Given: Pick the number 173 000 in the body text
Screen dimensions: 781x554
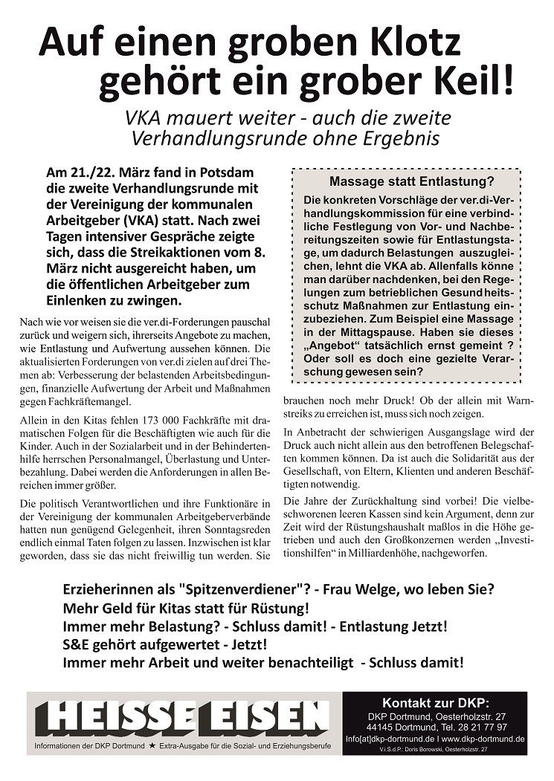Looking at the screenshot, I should pos(149,422).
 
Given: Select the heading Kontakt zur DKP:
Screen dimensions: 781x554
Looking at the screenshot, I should pos(435,702).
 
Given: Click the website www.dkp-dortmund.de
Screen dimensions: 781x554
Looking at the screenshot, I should pos(483,739).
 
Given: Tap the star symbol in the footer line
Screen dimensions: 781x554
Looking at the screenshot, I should pos(152,745).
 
